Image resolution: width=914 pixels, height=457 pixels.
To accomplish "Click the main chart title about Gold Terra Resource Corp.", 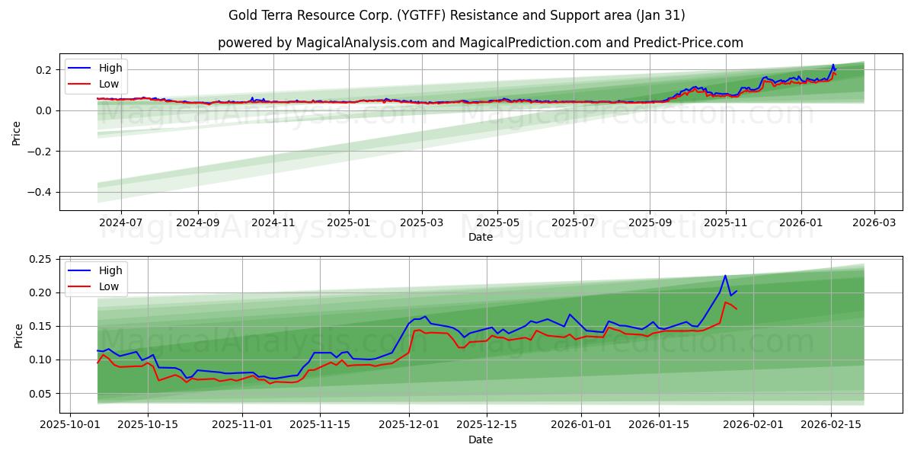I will [456, 15].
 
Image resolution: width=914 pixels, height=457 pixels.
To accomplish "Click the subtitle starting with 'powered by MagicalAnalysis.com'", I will [480, 43].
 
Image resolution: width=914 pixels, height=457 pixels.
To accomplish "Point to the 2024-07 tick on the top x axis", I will [121, 222].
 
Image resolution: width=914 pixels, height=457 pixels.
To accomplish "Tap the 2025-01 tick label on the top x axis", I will [349, 222].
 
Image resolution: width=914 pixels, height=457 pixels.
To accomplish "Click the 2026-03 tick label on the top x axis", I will [874, 222].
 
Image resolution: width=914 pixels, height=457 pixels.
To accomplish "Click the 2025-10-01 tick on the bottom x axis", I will [71, 425].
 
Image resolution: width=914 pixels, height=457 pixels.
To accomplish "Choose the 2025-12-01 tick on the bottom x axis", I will [409, 425].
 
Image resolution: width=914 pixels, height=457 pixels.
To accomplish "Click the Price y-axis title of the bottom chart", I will [18, 335].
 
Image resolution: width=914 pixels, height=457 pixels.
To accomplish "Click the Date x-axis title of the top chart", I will [480, 237].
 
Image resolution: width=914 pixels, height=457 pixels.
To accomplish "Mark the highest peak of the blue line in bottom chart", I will [725, 276].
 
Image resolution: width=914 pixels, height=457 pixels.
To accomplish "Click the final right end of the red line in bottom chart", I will [737, 308].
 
